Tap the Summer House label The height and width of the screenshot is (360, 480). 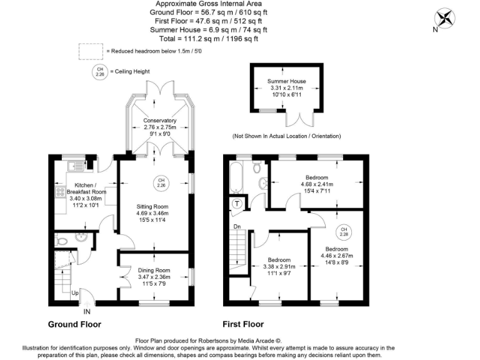pyautogui.click(x=286, y=81)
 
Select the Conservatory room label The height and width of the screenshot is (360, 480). pyautogui.click(x=159, y=120)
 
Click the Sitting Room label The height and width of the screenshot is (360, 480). pyautogui.click(x=152, y=206)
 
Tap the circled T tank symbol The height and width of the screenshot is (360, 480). pyautogui.click(x=237, y=203)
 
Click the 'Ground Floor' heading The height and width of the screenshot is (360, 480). pyautogui.click(x=74, y=324)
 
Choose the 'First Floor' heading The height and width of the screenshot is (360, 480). pyautogui.click(x=243, y=324)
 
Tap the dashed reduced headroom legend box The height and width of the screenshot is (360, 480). pyautogui.click(x=91, y=51)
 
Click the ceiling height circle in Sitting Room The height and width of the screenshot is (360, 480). pyautogui.click(x=161, y=182)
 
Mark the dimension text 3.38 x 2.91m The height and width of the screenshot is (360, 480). pyautogui.click(x=279, y=267)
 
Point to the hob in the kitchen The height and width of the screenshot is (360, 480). pyautogui.click(x=61, y=192)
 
